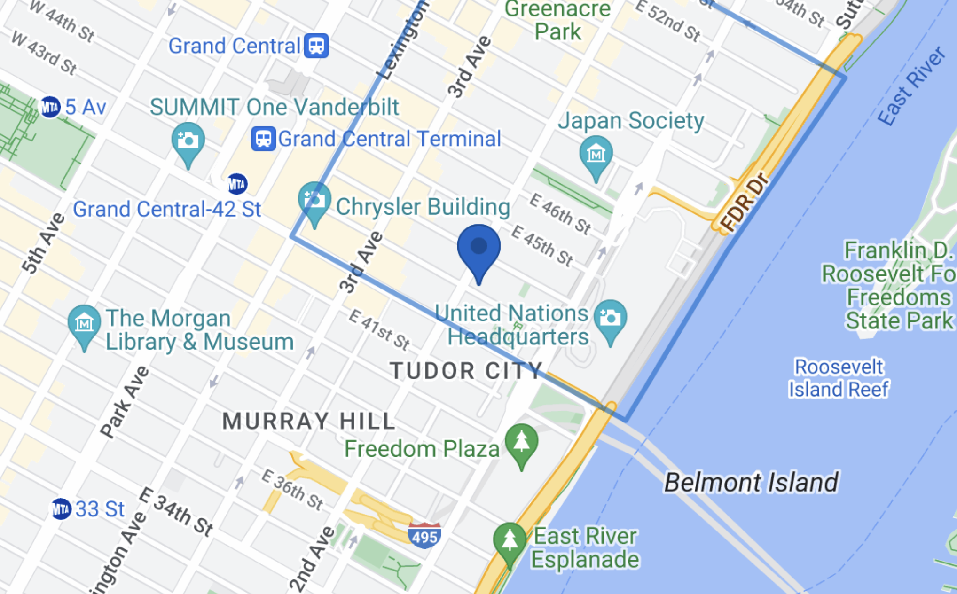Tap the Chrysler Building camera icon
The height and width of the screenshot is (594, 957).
(314, 200)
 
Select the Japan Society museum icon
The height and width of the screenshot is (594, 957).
(596, 154)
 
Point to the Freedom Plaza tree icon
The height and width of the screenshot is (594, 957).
(521, 442)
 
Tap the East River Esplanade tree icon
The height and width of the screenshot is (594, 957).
(510, 541)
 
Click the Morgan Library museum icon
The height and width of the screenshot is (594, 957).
(84, 323)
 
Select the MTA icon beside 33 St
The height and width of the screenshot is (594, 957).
(61, 509)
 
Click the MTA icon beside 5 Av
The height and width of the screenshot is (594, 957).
(50, 107)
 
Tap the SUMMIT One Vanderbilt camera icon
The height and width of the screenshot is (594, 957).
(188, 141)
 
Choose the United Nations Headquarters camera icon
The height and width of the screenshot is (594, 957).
(610, 318)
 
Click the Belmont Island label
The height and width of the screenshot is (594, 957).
(751, 482)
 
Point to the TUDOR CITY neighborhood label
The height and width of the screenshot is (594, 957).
(466, 371)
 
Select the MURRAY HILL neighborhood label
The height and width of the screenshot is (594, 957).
(309, 421)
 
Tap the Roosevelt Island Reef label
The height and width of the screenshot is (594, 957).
(839, 378)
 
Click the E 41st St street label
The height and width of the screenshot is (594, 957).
(379, 329)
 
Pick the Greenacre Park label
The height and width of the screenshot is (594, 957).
(557, 21)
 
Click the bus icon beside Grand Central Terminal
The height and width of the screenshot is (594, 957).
(263, 139)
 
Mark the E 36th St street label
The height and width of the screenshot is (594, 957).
(292, 490)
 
